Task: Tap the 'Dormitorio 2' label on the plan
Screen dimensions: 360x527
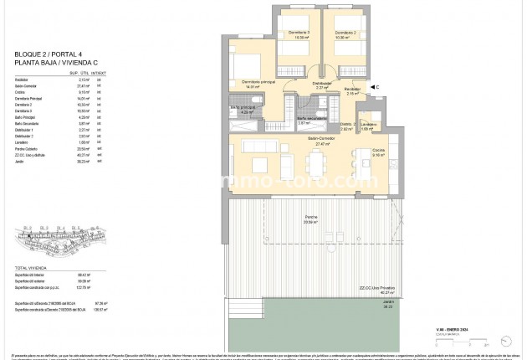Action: click(346, 33)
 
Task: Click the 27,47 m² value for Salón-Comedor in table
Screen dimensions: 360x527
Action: click(82, 86)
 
